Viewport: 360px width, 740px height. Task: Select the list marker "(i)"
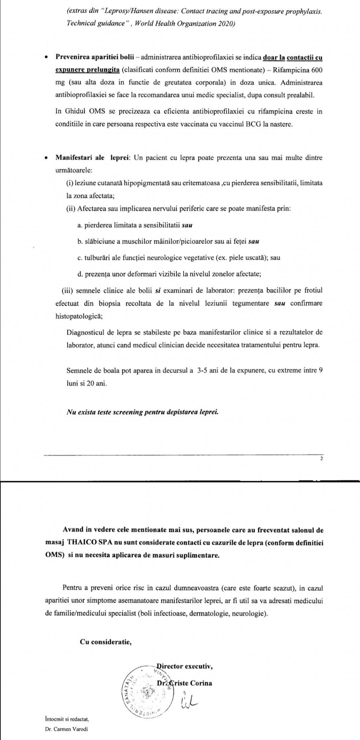(69, 184)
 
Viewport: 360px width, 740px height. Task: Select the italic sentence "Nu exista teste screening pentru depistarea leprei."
(142, 412)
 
